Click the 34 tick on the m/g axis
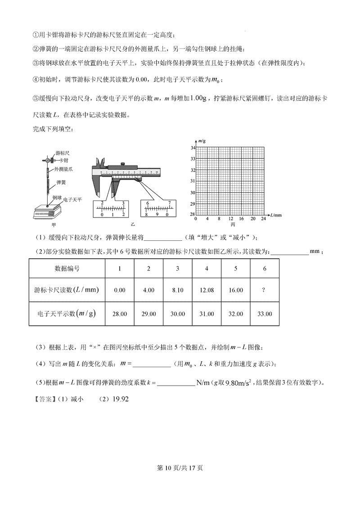[192, 148]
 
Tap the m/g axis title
[202, 141]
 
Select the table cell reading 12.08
[206, 290]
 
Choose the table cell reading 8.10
[177, 290]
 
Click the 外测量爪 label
[63, 169]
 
